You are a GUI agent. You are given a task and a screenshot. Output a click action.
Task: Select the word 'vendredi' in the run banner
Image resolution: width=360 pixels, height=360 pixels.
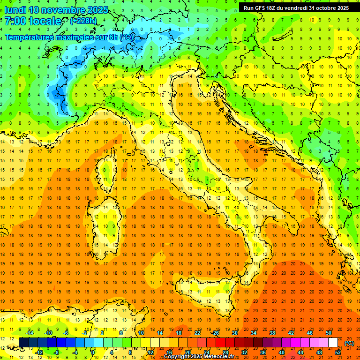pos(296,8)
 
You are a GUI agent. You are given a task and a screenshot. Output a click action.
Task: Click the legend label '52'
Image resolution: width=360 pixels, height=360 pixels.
pos(338,352)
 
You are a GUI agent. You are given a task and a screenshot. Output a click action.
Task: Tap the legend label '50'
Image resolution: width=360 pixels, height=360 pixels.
pos(329,333)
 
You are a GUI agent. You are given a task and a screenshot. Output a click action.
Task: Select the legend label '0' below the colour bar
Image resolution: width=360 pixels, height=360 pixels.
pos(93,352)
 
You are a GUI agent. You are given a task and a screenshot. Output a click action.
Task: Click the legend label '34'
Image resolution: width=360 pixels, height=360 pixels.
pos(254,333)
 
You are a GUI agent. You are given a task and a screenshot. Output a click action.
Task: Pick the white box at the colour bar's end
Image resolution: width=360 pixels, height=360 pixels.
pos(333,343)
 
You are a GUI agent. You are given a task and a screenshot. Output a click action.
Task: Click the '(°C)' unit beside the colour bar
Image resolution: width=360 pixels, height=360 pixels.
pos(349,343)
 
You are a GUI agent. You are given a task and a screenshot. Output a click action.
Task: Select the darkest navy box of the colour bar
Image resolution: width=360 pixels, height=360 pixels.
pos(23,343)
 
